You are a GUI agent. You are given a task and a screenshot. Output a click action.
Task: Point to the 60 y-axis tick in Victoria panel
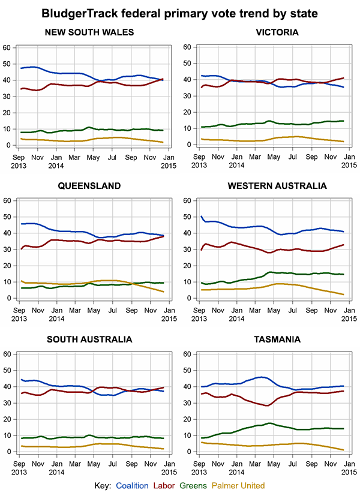pyautogui.click(x=187, y=47)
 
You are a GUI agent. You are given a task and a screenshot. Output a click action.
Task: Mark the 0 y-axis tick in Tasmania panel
pyautogui.click(x=189, y=452)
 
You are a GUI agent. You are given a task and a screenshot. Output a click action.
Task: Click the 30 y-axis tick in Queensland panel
pyautogui.click(x=7, y=249)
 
